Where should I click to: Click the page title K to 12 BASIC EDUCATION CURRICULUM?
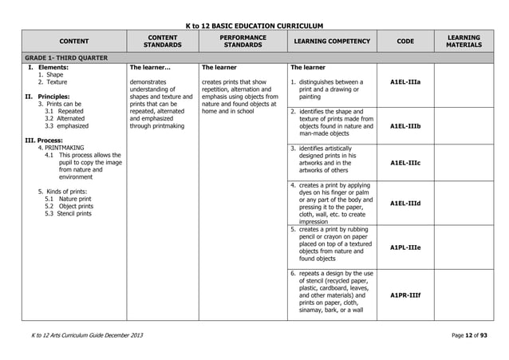pos(254,26)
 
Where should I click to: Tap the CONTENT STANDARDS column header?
pos(162,42)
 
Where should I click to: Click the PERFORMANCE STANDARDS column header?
pos(242,42)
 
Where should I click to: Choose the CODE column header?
pos(405,42)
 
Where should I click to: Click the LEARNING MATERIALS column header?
pos(464,42)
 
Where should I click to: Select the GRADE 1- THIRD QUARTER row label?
pos(64,57)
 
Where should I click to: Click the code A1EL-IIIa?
pos(405,81)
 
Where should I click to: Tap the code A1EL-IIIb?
pos(405,126)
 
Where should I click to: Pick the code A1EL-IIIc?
pos(405,162)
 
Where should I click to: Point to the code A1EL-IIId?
pos(405,204)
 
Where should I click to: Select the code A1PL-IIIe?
pos(405,247)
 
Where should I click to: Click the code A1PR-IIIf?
pos(405,295)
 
